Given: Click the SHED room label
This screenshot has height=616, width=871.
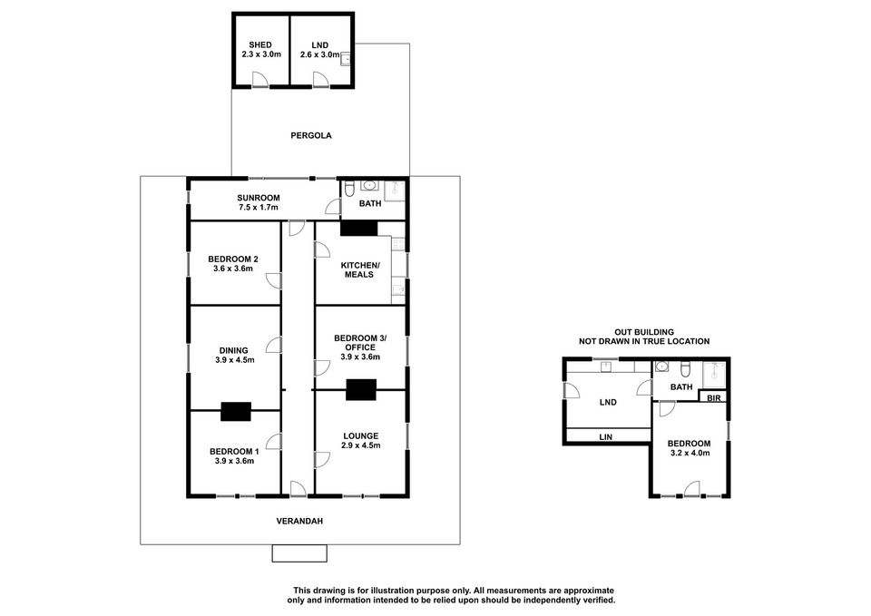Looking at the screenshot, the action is click(260, 45).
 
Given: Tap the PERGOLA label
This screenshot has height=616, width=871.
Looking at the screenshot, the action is click(311, 135).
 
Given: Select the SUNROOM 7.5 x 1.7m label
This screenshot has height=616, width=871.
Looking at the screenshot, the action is click(259, 202).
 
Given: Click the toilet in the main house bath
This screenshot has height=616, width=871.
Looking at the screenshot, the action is click(349, 189).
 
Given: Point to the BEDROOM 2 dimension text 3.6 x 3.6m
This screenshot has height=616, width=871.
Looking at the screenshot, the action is click(233, 269).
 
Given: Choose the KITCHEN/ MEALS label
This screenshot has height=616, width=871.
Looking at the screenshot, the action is click(359, 270).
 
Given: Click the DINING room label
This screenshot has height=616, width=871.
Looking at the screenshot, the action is click(233, 350).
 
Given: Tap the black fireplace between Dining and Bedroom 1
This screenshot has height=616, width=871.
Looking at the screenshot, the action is click(236, 412).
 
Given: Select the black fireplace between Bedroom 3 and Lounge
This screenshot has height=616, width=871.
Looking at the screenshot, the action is click(361, 389).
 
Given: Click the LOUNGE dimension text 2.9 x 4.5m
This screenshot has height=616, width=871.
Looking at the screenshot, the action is click(360, 445).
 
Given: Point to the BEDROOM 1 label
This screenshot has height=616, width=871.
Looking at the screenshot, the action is click(234, 452).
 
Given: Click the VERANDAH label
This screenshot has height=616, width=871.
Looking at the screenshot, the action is click(299, 522).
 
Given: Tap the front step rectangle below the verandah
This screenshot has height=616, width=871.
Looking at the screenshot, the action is click(299, 553).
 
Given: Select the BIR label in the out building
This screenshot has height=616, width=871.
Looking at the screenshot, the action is click(714, 398).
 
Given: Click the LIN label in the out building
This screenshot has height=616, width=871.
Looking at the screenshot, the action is click(605, 437).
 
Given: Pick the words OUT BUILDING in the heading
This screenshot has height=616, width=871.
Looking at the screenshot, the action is click(644, 332).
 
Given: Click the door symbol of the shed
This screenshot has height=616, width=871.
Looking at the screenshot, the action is click(260, 80).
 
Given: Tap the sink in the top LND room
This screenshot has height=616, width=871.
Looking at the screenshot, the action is click(346, 59).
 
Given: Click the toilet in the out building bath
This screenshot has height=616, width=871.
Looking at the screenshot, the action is click(686, 367).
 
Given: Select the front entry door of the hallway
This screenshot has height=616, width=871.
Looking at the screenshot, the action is click(298, 488).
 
